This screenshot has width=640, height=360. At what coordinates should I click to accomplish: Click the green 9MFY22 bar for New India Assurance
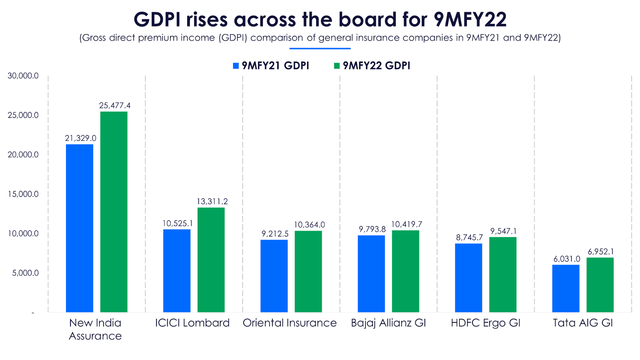(x=114, y=212)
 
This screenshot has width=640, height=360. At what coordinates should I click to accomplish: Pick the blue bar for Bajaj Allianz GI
(x=371, y=274)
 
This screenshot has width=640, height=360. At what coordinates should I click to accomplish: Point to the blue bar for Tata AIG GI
(x=566, y=288)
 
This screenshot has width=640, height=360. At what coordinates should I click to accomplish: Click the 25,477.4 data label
(x=115, y=106)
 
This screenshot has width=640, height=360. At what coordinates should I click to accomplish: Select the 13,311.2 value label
(x=212, y=202)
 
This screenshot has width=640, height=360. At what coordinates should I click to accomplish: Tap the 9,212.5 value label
(x=275, y=234)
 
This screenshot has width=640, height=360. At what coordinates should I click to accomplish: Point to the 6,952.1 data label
(x=600, y=252)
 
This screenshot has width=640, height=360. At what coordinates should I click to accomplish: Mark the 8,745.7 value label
(x=469, y=238)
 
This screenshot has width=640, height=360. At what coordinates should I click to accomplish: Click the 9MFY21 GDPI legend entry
(x=271, y=66)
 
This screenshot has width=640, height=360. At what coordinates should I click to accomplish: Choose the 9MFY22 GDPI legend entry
(x=372, y=66)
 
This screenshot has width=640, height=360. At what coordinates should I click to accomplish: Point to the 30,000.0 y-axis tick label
(x=23, y=76)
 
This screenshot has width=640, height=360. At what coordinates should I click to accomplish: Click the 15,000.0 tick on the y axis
(x=23, y=194)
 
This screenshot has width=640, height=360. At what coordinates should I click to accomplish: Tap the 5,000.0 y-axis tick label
(x=25, y=273)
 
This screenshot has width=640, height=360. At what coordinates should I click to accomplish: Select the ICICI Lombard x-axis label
(x=192, y=323)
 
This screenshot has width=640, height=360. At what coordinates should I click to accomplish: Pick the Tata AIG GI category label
(x=583, y=323)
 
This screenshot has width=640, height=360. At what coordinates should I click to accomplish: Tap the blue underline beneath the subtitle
(x=320, y=49)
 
